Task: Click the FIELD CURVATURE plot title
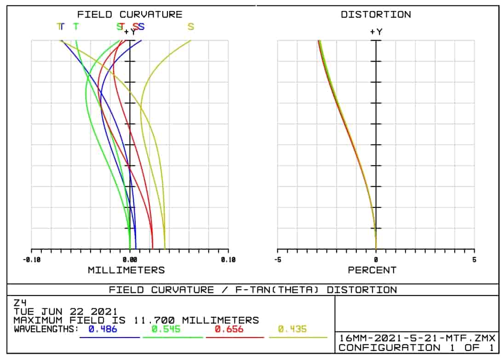(x=129, y=14)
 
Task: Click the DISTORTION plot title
(x=376, y=14)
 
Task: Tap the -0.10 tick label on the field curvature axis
(x=31, y=260)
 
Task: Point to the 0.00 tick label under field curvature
(x=130, y=260)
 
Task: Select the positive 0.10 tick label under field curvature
(x=228, y=260)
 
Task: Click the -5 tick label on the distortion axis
(x=277, y=260)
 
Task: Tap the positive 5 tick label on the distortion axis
(x=474, y=260)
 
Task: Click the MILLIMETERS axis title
(x=126, y=270)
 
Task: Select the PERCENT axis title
(x=372, y=270)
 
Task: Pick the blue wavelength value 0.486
(x=103, y=329)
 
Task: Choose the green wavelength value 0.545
(x=166, y=329)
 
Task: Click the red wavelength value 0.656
(x=229, y=329)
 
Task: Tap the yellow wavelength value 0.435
(x=292, y=329)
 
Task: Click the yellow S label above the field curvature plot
(x=190, y=27)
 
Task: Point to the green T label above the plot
(x=76, y=27)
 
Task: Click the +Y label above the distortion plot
(x=376, y=32)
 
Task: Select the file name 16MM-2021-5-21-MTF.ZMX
(x=417, y=338)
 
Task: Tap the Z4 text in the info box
(x=20, y=303)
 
